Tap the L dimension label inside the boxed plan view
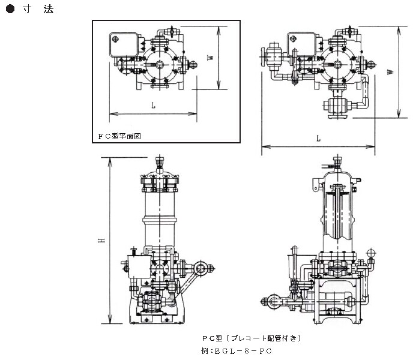click(154, 106)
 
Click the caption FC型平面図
click(119, 136)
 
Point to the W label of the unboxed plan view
click(391, 71)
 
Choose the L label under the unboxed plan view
click(318, 139)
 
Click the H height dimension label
click(103, 239)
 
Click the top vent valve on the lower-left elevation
click(160, 162)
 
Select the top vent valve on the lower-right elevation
click(337, 163)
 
